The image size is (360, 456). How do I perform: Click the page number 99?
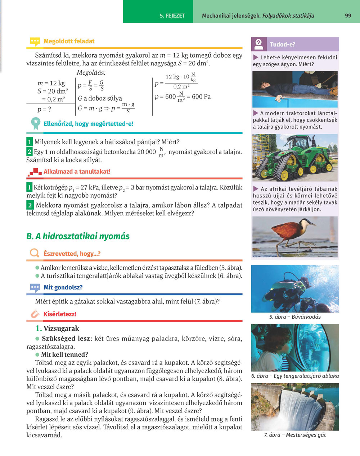(348, 15)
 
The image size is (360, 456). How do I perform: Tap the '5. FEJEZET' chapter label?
(172, 16)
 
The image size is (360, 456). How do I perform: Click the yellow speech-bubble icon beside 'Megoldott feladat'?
(35, 42)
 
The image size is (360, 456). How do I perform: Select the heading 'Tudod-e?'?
(283, 45)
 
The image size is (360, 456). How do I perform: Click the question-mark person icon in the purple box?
(259, 44)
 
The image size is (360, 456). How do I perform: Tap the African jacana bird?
(290, 232)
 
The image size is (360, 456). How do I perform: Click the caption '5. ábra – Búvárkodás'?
(295, 317)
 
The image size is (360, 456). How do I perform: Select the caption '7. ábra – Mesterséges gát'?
(295, 435)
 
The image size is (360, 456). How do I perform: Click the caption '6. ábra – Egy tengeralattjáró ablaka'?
(295, 376)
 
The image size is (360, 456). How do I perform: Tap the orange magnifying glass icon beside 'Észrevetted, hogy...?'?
(35, 254)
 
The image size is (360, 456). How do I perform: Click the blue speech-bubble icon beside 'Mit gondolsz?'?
(35, 288)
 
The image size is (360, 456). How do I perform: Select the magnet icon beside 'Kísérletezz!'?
(35, 314)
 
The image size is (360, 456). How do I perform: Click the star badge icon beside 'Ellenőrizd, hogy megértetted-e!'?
(35, 123)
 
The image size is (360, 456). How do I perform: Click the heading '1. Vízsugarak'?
(57, 328)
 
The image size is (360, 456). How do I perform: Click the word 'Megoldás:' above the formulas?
(91, 73)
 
